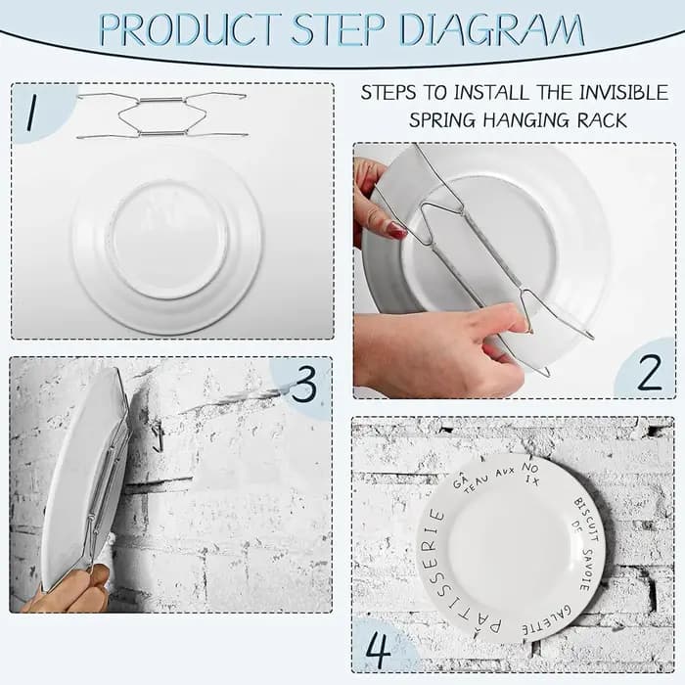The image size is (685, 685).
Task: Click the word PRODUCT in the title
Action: point(190,29)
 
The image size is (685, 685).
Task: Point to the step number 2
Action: point(650,371)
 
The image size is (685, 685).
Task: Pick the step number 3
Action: point(304,384)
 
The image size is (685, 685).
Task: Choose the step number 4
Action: point(379,649)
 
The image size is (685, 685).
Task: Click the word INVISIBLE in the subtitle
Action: point(624,93)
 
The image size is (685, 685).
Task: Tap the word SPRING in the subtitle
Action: point(441,120)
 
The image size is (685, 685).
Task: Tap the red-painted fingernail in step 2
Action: point(397,230)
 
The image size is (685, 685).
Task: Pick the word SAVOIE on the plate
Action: point(587,569)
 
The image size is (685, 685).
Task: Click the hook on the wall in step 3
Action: point(159,435)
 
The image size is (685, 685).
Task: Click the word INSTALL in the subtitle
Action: point(490,93)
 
